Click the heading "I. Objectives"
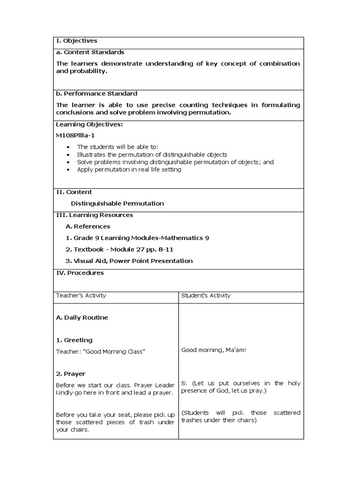[x=76, y=41]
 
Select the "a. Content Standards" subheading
[x=90, y=52]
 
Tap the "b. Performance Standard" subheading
[x=97, y=93]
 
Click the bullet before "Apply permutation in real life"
[x=68, y=170]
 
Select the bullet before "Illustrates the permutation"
[x=68, y=155]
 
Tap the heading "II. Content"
[x=74, y=192]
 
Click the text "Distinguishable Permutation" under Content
[x=117, y=203]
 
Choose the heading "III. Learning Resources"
[x=94, y=215]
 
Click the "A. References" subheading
[x=88, y=226]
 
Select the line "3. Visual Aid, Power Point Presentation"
[x=129, y=261]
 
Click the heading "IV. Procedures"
[x=80, y=273]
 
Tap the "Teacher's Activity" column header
[x=81, y=295]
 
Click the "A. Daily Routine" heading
[x=82, y=317]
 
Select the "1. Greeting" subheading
[x=74, y=340]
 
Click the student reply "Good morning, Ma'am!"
[x=213, y=350]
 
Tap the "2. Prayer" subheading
[x=70, y=374]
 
